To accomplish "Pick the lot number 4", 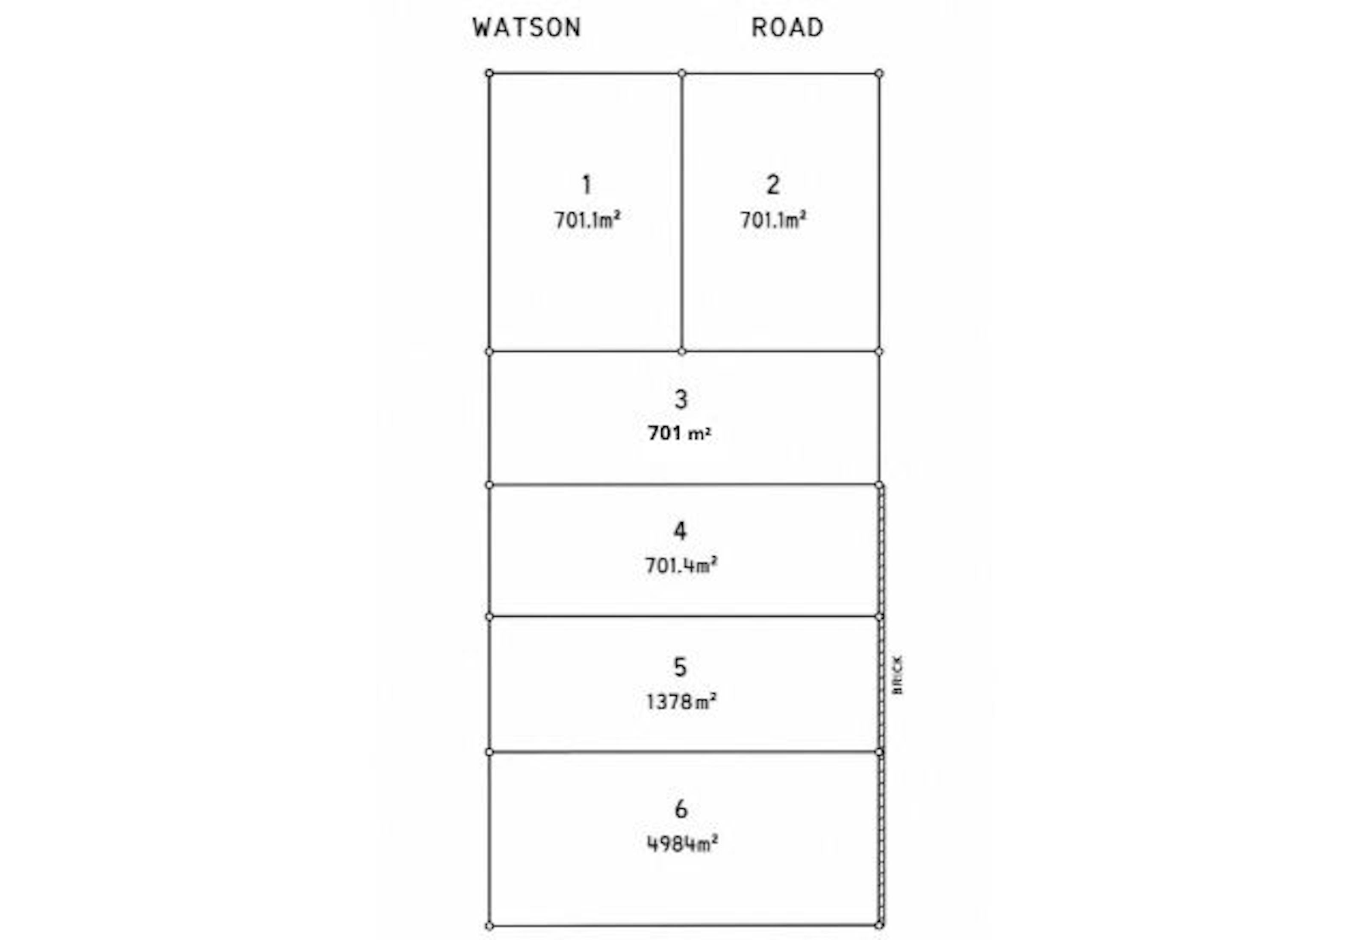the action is coord(681,531).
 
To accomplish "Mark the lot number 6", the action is coord(681,809).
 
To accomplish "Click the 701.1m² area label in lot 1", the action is coord(587,220).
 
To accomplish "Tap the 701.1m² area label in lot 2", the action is coord(773,220).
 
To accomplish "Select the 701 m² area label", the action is coord(679,433).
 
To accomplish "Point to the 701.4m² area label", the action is coord(681,565).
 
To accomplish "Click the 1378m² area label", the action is coord(681,702).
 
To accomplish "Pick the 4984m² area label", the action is coord(682,843).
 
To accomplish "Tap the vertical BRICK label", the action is coord(897,675).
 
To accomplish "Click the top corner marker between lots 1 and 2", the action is coord(681,73).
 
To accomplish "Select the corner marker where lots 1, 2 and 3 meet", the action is coord(681,352).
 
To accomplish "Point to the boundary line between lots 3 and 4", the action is coord(684,485).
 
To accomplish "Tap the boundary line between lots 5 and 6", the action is coord(684,752).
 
